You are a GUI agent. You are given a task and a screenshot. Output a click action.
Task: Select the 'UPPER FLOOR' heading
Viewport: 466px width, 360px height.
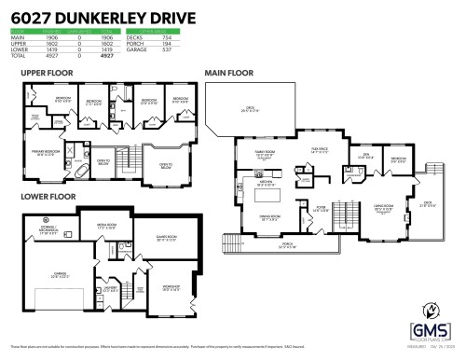(47, 72)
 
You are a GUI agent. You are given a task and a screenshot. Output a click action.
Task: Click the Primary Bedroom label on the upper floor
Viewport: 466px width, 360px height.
(44, 155)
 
